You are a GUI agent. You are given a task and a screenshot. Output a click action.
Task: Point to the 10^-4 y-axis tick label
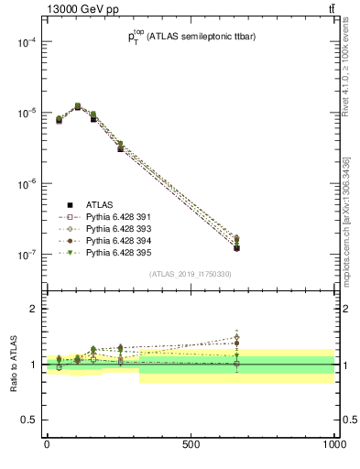pos(25,42)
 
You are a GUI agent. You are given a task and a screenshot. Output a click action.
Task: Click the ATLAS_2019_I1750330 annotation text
pos(191,275)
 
